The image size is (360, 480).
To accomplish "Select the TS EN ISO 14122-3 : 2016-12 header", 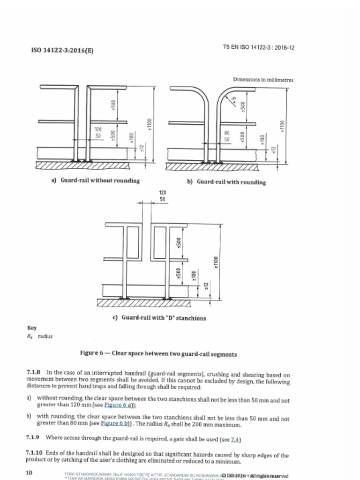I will click(259, 47).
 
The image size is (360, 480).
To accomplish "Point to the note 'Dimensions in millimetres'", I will click(262, 80).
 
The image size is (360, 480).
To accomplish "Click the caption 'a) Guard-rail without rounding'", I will click(95, 180).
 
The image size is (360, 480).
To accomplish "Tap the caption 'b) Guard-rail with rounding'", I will click(226, 182).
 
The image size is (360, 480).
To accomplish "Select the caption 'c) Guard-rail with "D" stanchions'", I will click(159, 318).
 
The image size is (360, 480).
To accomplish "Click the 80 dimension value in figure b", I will click(226, 133).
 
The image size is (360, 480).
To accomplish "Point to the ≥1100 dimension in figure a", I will click(150, 124).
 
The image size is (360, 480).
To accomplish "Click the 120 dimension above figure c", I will click(163, 192).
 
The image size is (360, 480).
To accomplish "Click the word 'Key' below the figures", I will click(32, 328).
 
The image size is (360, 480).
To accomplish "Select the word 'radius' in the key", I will click(45, 336).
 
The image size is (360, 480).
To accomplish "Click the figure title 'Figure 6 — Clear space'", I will click(158, 354).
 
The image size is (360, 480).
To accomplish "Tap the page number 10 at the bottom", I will click(29, 472).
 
